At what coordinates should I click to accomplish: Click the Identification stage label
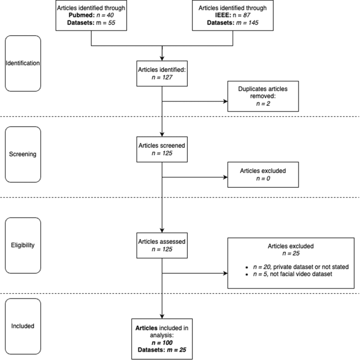coord(22,63)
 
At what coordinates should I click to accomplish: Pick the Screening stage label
coord(22,155)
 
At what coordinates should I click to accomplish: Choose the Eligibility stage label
coord(22,245)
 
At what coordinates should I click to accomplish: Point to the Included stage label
coord(22,326)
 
